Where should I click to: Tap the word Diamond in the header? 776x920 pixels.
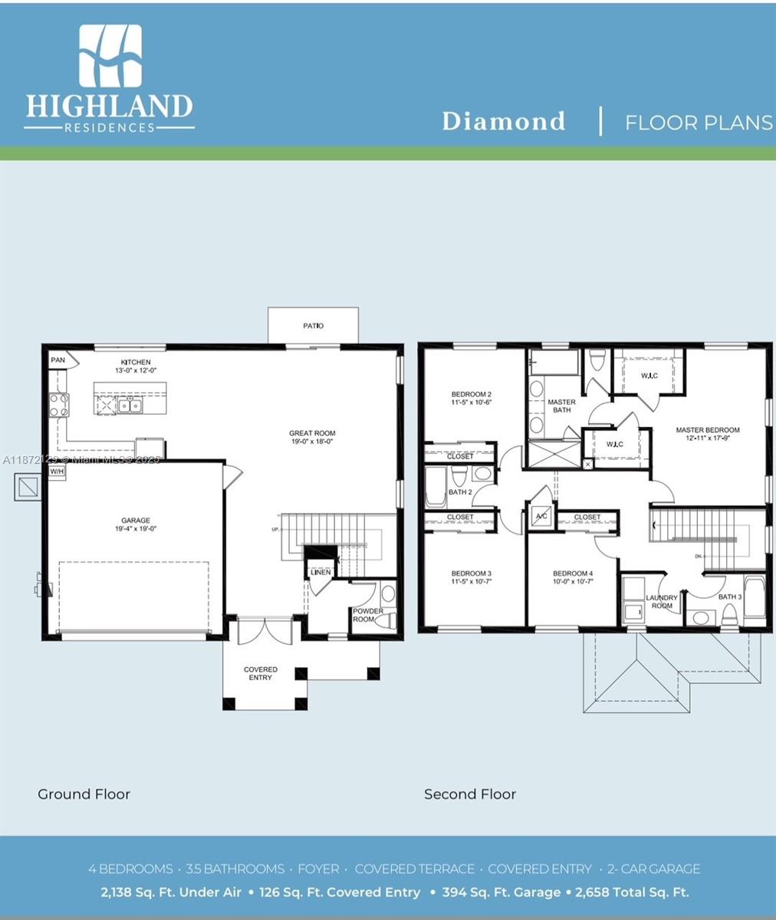[x=504, y=121]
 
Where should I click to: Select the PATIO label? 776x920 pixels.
[x=313, y=326]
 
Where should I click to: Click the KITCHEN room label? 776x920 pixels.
[x=136, y=363]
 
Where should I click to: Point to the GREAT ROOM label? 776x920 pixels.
[x=312, y=433]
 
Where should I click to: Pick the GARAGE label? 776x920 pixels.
[x=135, y=521]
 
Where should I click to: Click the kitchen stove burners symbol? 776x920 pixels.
[x=59, y=404]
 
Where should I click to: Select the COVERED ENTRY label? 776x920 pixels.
[x=261, y=673]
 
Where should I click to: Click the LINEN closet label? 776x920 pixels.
[x=321, y=572]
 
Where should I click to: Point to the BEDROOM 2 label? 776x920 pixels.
[x=471, y=395]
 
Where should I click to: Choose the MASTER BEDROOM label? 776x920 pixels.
[x=707, y=430]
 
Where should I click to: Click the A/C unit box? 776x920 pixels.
[x=541, y=516]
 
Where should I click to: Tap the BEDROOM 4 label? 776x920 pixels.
[x=572, y=573]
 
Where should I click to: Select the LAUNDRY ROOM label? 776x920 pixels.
[x=662, y=602]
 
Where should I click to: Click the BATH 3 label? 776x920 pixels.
[x=730, y=596]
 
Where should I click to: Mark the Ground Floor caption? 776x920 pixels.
[x=84, y=794]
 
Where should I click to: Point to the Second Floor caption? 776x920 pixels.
[x=470, y=794]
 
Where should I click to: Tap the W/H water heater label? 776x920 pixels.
[x=57, y=472]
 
